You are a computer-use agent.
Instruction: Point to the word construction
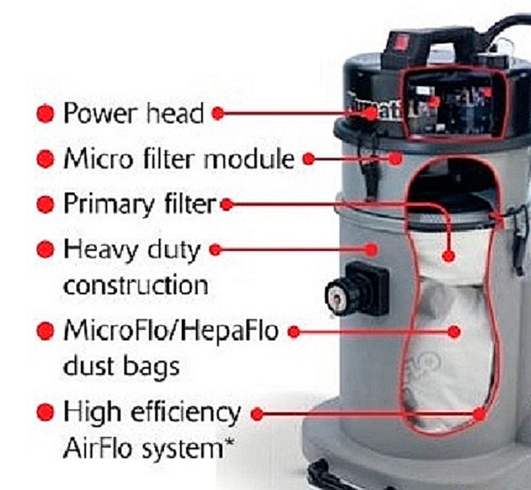pyautogui.click(x=136, y=286)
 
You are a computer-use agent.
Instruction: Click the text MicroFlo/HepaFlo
pyautogui.click(x=171, y=331)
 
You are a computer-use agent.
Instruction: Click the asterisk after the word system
pyautogui.click(x=230, y=442)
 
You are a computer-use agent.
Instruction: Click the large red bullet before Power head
pyautogui.click(x=45, y=114)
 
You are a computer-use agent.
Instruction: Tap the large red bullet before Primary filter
pyautogui.click(x=45, y=205)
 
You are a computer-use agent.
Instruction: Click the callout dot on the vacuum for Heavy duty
pyautogui.click(x=372, y=250)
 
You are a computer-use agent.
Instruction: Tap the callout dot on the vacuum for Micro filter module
pyautogui.click(x=395, y=158)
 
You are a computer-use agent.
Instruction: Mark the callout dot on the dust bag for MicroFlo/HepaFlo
pyautogui.click(x=454, y=332)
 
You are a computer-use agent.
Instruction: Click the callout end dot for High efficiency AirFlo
pyautogui.click(x=479, y=414)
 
